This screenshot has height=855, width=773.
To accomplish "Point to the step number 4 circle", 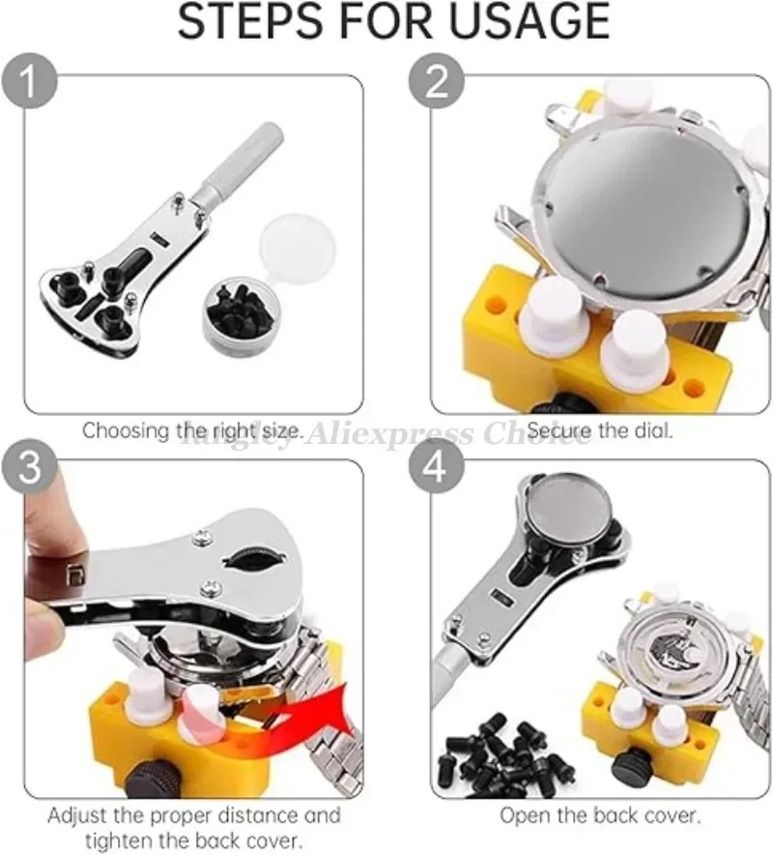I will click(438, 467).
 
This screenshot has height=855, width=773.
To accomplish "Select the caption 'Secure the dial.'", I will click(600, 430).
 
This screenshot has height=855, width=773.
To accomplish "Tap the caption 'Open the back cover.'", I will click(600, 816).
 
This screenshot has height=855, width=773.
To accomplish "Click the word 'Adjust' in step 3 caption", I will click(78, 816).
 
